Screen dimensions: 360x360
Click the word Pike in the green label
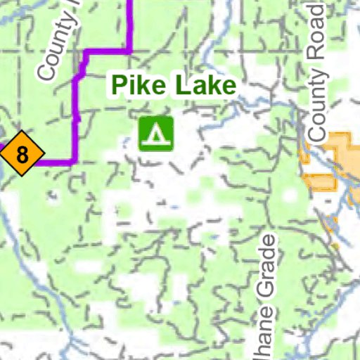tap(136, 86)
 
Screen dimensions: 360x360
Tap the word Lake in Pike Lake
tap(200, 86)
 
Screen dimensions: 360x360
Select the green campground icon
tap(156, 133)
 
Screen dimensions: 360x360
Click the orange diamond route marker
tap(22, 154)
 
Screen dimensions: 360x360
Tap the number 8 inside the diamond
tap(22, 154)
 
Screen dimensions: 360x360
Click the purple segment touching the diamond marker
tap(53, 162)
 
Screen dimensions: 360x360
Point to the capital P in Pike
tap(119, 86)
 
